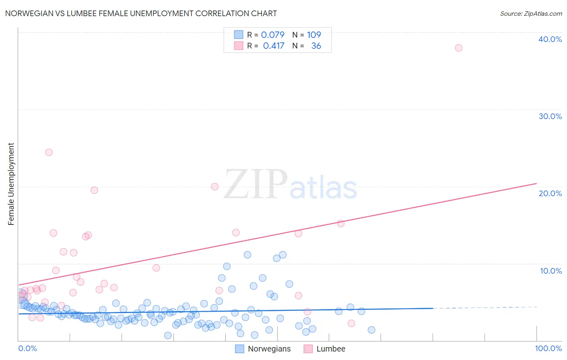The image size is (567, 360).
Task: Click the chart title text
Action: pos(141,13)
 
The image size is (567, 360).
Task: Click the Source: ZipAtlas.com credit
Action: pos(531,14)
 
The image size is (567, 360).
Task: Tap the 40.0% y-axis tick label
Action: pos(550,39)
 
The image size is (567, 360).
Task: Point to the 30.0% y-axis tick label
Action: pos(550,116)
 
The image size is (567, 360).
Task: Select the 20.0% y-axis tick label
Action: pos(550,193)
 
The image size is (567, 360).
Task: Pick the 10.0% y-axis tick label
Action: pos(551,271)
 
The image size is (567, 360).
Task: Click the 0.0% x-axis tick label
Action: pos(27,348)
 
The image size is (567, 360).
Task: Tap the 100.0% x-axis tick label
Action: pos(548,348)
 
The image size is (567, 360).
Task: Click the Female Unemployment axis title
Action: pos(11,184)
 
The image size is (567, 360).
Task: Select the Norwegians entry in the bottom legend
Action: pos(269,349)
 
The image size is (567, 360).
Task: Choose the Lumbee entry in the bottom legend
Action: pos(331,349)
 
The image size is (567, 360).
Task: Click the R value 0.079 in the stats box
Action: pos(273,35)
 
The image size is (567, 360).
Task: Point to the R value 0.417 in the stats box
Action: pos(273,46)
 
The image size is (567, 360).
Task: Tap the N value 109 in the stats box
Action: pos(314,35)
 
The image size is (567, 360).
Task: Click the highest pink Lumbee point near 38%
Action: pos(459,48)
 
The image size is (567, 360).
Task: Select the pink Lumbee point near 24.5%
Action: pos(49,152)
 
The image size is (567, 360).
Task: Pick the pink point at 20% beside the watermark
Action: pos(215,186)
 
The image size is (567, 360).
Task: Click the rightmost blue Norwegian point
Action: pos(371,330)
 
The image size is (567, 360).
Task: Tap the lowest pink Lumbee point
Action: pos(351,323)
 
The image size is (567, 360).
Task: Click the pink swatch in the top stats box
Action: pos(239,46)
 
